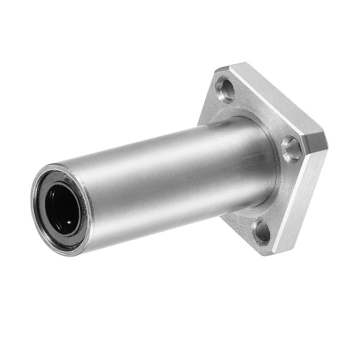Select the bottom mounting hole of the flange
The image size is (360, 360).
click(261, 231)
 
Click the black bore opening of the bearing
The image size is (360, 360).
click(63, 209)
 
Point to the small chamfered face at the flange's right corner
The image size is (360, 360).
click(318, 143)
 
